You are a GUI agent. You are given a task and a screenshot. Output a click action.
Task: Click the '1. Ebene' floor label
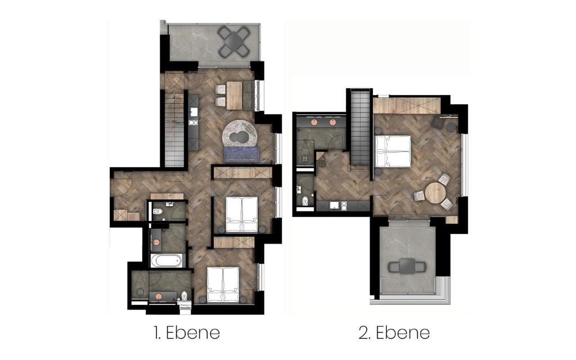point(187,333)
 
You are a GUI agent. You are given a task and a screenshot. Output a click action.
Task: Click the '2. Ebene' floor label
point(394,333)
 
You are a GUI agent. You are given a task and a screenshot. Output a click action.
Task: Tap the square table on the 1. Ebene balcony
point(233,40)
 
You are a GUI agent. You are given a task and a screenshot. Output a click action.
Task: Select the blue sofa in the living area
point(242,154)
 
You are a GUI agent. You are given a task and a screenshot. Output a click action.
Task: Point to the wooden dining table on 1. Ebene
point(235,95)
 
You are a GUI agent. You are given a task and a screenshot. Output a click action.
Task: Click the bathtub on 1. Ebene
point(166,261)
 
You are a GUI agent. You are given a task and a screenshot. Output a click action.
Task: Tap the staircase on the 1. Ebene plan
point(174,129)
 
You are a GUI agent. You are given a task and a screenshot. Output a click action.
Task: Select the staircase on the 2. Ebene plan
point(359,128)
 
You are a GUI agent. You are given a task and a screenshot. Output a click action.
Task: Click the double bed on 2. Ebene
point(392,151)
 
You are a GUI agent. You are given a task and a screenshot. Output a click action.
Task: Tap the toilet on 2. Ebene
point(305,201)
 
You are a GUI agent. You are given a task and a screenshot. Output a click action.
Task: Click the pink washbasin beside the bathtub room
point(156,243)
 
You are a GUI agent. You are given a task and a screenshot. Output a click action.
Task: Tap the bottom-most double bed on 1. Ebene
point(223,285)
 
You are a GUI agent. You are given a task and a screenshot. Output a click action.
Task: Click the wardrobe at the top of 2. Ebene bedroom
point(407,105)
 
